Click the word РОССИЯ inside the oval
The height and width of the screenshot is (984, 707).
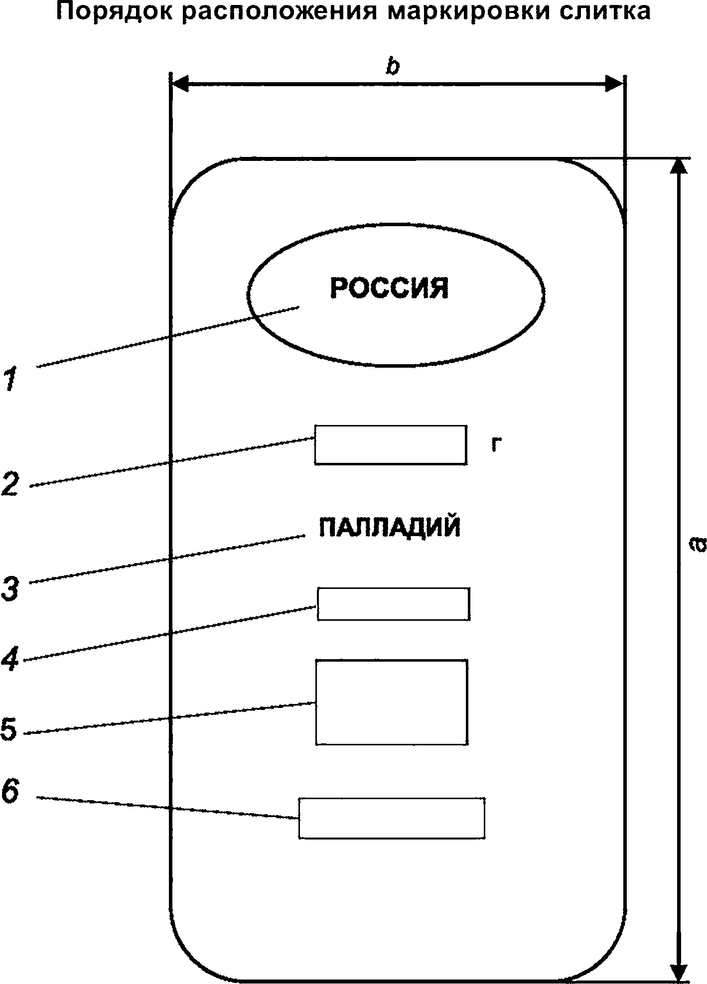(389, 288)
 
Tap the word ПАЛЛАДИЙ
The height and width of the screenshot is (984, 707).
(390, 527)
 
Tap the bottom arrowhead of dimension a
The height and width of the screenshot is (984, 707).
(677, 971)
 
